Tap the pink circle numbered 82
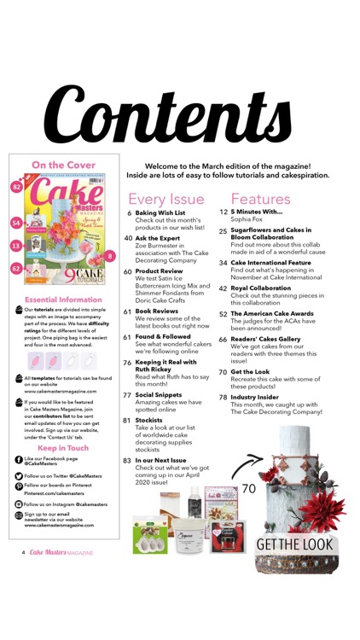click(x=17, y=187)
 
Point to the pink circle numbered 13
click(x=16, y=245)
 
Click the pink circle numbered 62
click(x=16, y=268)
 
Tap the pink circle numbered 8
click(x=111, y=256)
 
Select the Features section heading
click(x=260, y=199)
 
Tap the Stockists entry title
click(x=149, y=420)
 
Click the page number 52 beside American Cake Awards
click(x=223, y=313)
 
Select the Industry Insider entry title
click(x=259, y=397)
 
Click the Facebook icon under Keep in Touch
click(x=20, y=459)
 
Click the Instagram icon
click(x=20, y=505)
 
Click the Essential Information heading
click(x=65, y=300)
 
